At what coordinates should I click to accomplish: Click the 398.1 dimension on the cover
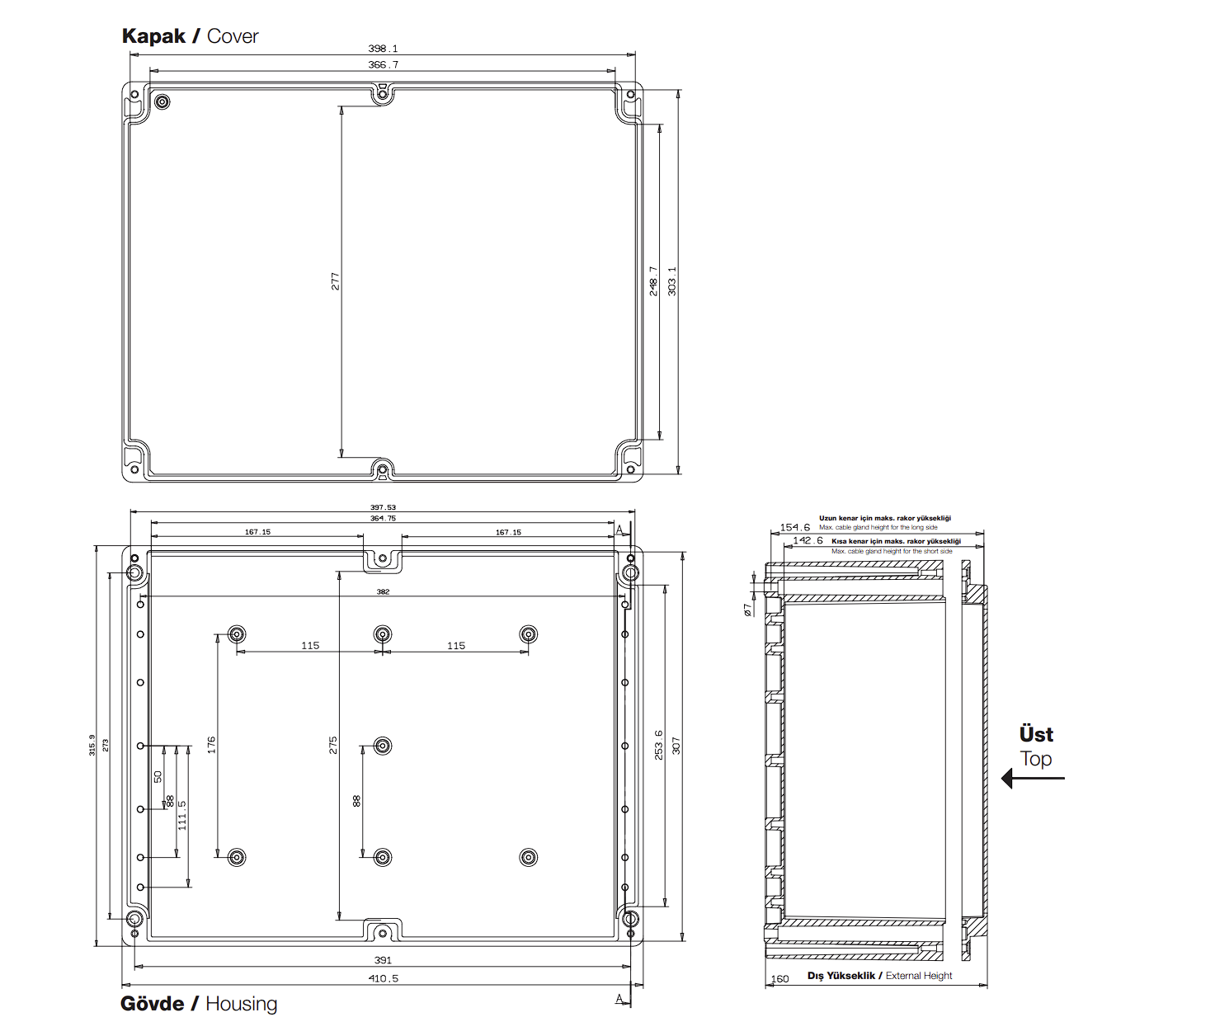(383, 49)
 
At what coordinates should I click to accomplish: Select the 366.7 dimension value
(383, 64)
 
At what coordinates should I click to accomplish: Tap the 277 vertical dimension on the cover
(335, 281)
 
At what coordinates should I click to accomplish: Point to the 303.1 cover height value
(672, 281)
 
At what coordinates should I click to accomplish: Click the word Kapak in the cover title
(153, 36)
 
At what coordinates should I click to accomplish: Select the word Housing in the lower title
(241, 1004)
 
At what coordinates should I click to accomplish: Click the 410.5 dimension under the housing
(383, 978)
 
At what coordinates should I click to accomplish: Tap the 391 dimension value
(383, 960)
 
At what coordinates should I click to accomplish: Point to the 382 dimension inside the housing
(383, 591)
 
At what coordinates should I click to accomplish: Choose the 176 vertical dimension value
(212, 745)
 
